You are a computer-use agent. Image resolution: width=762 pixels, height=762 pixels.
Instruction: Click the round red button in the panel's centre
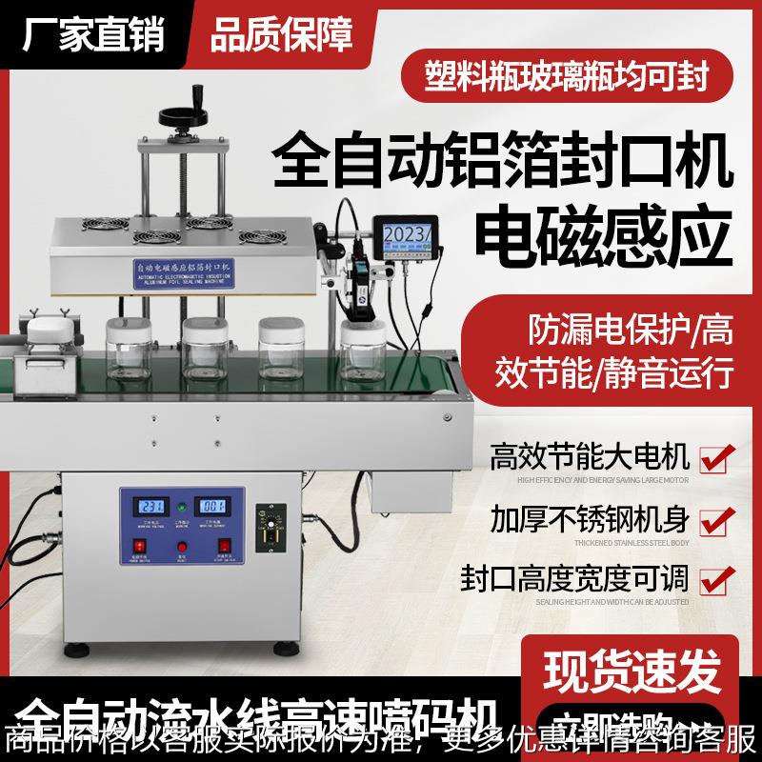[x=182, y=547]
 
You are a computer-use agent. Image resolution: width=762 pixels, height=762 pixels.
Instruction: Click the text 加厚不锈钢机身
[x=590, y=519]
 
